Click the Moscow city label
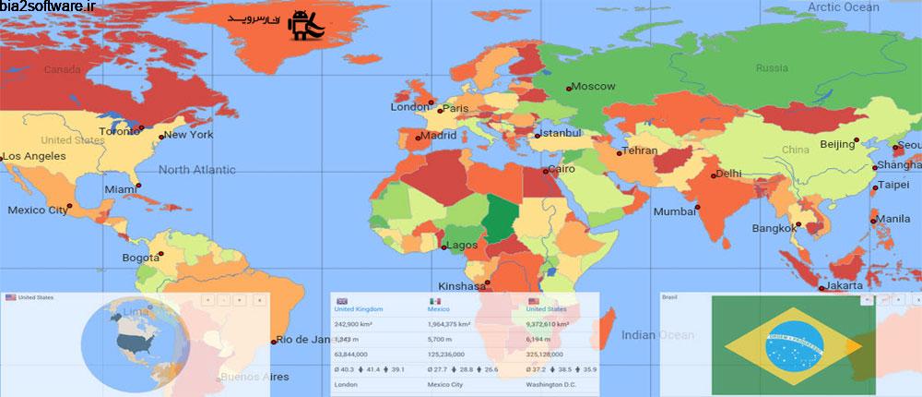pos(593,87)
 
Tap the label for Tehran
pos(640,150)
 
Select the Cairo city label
pos(561,170)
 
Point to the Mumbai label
pos(674,211)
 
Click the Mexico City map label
pos(37,211)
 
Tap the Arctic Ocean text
pos(845,7)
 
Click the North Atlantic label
pos(196,170)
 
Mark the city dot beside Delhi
pos(712,174)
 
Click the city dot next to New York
pos(161,138)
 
